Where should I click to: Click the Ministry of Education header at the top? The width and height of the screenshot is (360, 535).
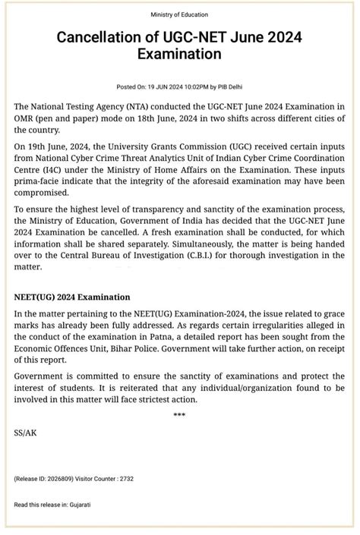[x=180, y=14]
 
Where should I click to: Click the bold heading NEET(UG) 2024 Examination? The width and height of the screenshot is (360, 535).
[x=72, y=297]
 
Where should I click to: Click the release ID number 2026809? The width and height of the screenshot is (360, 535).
[x=62, y=480]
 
